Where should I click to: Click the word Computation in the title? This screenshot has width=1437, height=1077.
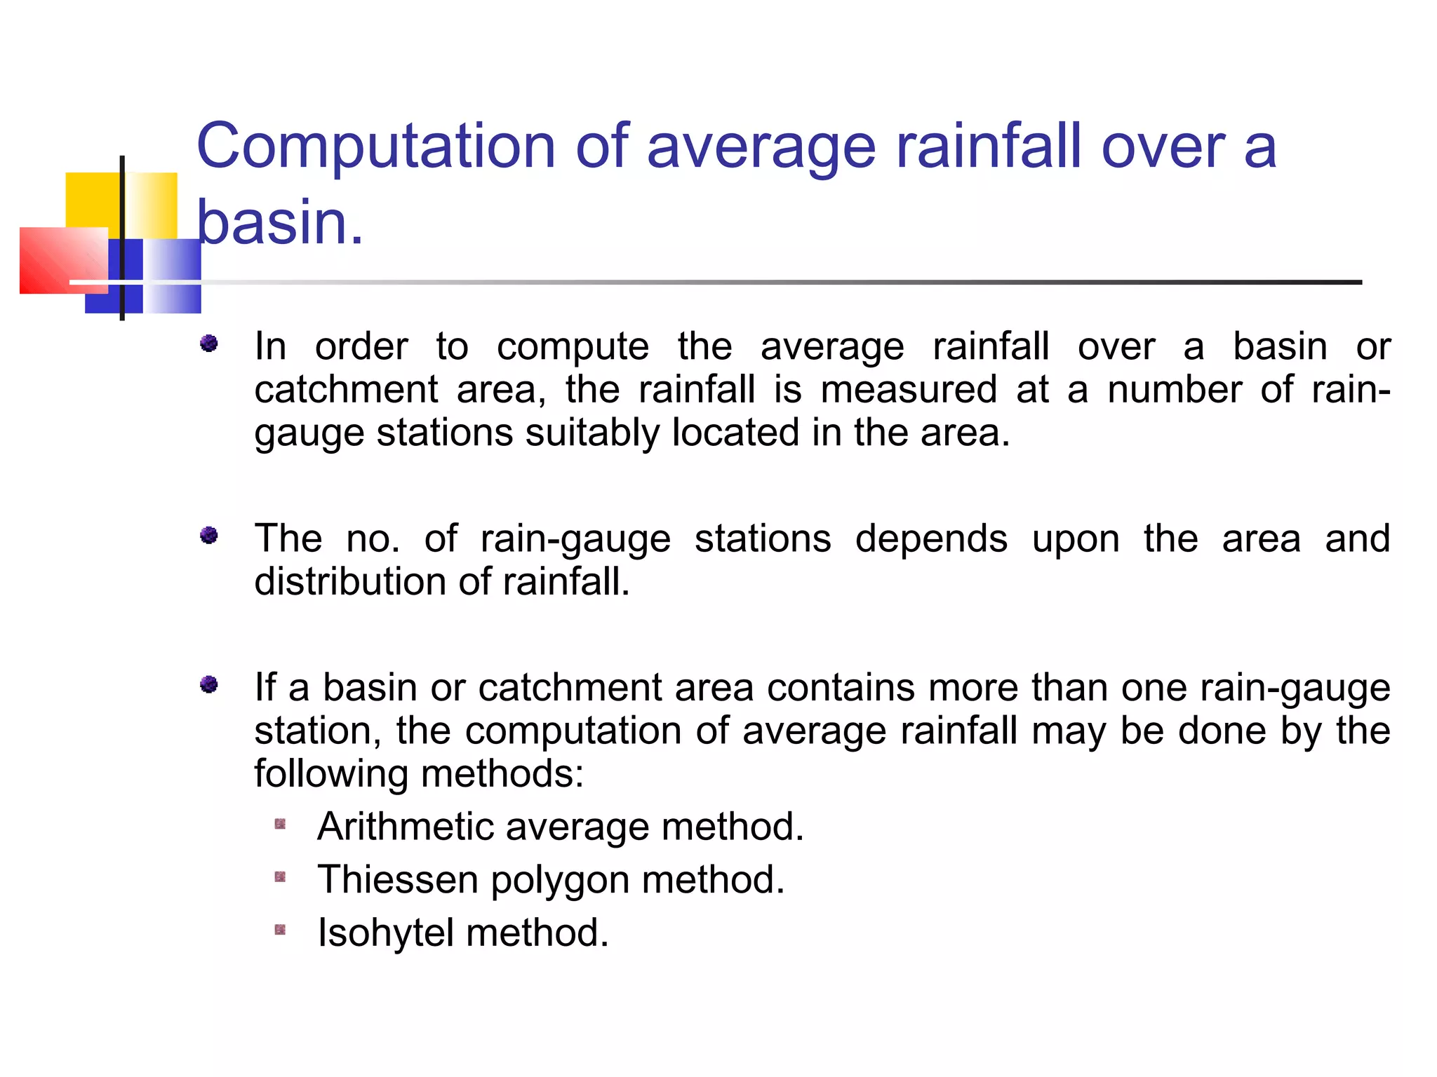coord(375,147)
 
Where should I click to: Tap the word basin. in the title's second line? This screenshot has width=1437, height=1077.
coord(279,223)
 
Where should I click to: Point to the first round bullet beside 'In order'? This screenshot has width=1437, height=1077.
coord(208,344)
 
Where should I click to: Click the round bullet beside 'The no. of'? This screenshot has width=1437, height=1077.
coord(208,536)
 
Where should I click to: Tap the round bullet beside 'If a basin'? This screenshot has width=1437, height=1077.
coord(208,684)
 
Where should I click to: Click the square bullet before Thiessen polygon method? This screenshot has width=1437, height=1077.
coord(280,877)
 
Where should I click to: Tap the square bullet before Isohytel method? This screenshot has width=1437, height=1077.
coord(280,930)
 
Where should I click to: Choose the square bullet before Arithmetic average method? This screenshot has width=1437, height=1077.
coord(280,824)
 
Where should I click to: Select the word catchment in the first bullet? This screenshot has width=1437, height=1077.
coord(346,390)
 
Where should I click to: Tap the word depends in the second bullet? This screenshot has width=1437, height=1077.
coord(931,540)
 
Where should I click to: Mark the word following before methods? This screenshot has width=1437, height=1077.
coord(331,775)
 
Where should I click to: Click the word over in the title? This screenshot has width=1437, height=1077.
coord(1163,147)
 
